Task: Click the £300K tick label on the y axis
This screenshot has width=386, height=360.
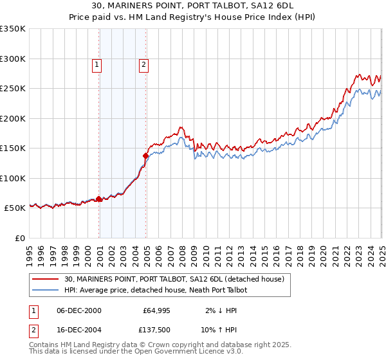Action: (13, 59)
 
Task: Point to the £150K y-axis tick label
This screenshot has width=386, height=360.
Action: (13, 148)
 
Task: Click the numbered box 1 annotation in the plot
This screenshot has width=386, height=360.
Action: (96, 64)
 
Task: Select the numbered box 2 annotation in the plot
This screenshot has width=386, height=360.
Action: (143, 64)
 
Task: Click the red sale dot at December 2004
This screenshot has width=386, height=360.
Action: (146, 155)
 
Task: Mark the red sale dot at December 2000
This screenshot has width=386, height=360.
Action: (99, 199)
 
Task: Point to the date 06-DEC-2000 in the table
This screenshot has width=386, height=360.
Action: (79, 310)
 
